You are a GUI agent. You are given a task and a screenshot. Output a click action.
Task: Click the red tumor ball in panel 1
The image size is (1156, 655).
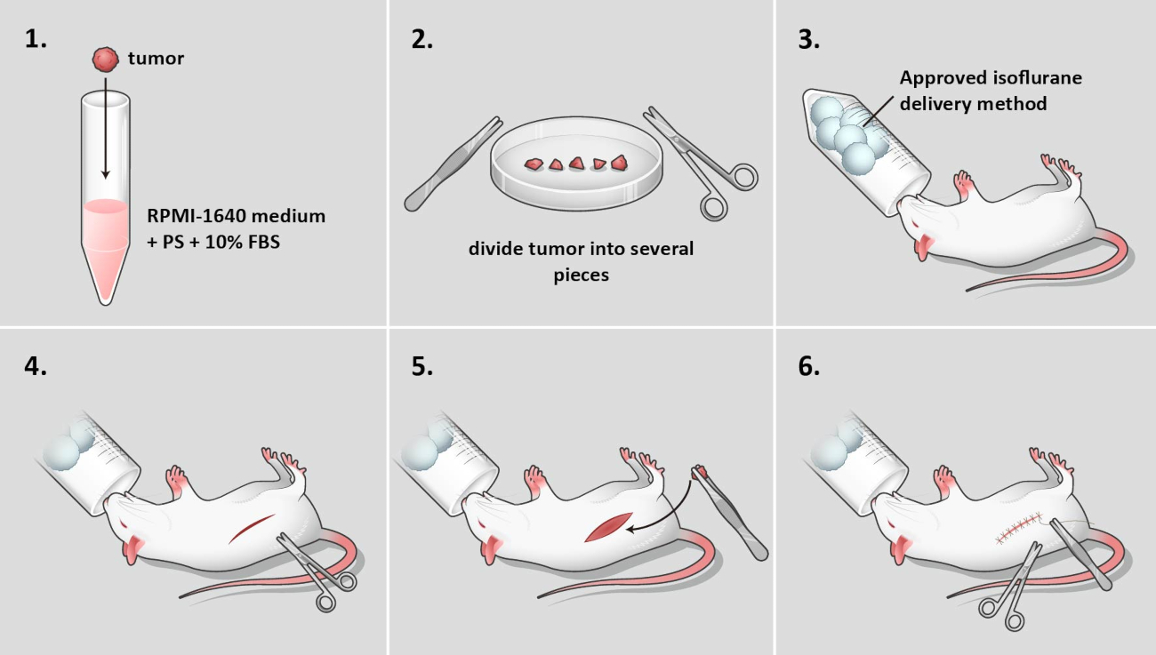tap(105, 60)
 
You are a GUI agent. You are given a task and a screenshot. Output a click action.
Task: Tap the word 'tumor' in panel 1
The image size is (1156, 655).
tap(156, 60)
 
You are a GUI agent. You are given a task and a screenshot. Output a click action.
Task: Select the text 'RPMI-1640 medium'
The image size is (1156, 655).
tap(237, 215)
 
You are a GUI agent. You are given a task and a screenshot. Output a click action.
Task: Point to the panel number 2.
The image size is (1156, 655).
tap(421, 41)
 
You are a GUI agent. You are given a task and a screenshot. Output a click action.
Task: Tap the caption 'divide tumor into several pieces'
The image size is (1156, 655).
tap(581, 261)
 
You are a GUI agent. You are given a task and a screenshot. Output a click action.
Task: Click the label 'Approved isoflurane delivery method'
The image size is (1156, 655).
tap(991, 91)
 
